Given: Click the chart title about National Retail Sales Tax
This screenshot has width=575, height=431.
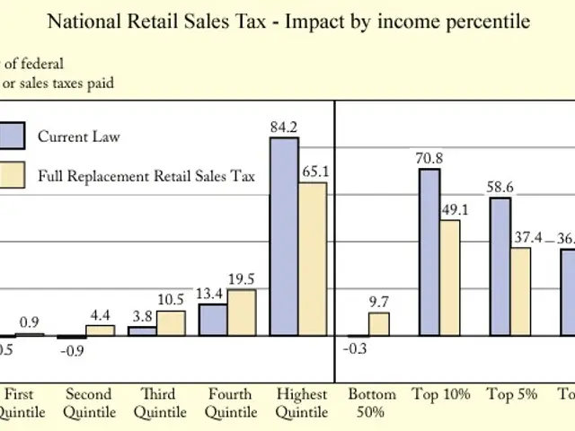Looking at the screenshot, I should coord(287,20).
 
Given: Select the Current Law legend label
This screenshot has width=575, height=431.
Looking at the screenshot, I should coord(78,136).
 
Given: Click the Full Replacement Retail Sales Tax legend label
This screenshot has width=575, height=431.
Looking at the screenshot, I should coord(146,176).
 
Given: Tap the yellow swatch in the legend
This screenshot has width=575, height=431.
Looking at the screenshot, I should coord(11,176).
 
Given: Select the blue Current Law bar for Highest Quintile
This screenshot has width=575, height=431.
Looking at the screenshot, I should coord(284,237).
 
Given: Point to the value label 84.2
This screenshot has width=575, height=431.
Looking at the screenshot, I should coord(284,128).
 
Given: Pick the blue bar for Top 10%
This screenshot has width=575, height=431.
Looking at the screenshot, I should coord(429,252).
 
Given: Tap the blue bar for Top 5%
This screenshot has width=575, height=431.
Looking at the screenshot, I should coord(500,267).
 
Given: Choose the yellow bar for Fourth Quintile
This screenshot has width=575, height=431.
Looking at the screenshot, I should coord(242,312).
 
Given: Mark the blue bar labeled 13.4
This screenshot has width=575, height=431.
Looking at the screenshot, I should coord(213,320).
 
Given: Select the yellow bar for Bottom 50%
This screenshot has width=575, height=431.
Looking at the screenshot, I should coord(379,324).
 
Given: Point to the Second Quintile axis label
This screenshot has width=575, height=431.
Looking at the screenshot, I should coord(89,403).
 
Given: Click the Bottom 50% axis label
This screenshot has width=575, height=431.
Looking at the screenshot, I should coord(371,403).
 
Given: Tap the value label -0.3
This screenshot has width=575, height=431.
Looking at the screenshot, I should coord(357,348).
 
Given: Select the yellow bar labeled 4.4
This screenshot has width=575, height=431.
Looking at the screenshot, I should coord(101,330).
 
